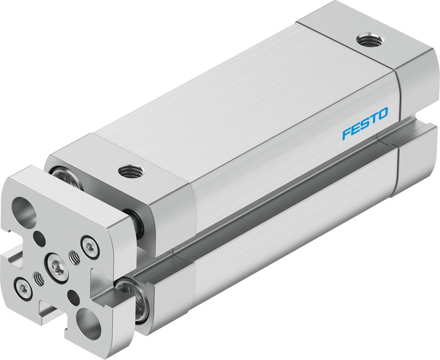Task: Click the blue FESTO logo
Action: click(x=365, y=123)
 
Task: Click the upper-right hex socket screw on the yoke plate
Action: click(x=89, y=248)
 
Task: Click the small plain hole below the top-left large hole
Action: click(x=40, y=240)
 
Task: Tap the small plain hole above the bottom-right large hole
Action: click(x=73, y=297)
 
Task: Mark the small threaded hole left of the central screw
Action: click(x=40, y=278)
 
